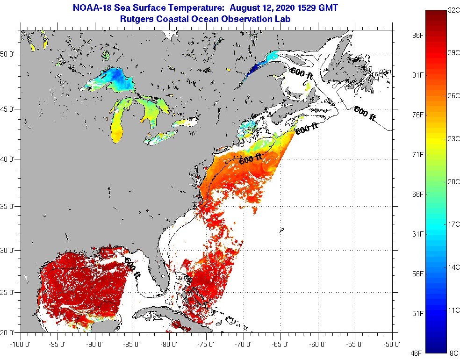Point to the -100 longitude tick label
pyautogui.click(x=19, y=345)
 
